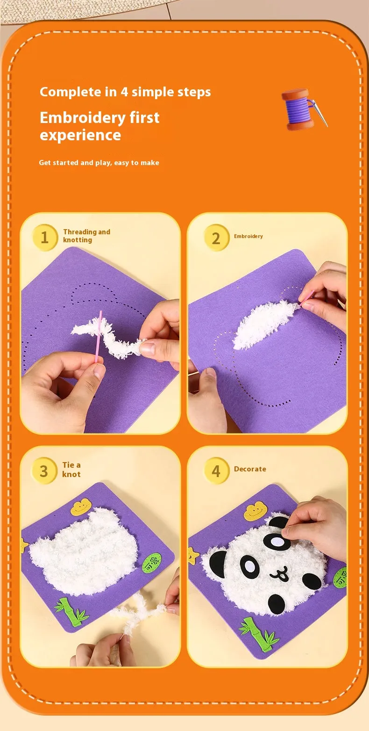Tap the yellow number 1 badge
click(x=45, y=237)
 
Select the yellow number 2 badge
click(x=216, y=238)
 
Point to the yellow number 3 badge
click(x=44, y=470)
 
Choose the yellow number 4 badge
click(x=216, y=470)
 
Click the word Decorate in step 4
click(x=250, y=469)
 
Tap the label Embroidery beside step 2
click(x=248, y=236)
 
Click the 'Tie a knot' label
click(x=71, y=470)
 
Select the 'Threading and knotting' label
click(x=87, y=236)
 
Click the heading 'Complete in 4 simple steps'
click(x=125, y=92)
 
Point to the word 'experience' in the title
click(x=80, y=135)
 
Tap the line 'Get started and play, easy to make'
click(x=99, y=162)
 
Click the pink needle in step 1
click(x=99, y=336)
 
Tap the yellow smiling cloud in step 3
click(x=80, y=507)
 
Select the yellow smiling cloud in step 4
click(x=255, y=512)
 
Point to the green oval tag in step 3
click(x=152, y=562)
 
